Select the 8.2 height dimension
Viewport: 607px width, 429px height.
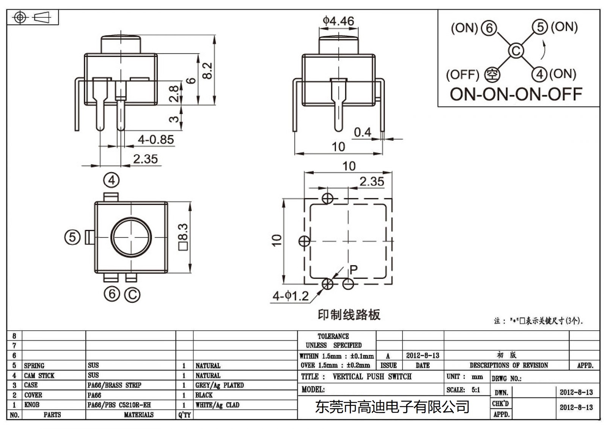click(x=208, y=70)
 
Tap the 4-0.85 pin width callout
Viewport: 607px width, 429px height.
click(x=156, y=140)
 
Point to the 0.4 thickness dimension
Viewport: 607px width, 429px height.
click(x=362, y=132)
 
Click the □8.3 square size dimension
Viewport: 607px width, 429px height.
click(x=183, y=237)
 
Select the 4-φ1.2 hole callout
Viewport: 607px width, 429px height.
click(x=291, y=296)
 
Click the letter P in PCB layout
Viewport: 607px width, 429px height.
click(x=354, y=270)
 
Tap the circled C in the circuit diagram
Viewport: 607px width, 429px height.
click(x=516, y=51)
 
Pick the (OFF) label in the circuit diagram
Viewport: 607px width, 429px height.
click(x=462, y=75)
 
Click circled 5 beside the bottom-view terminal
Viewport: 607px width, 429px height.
click(x=72, y=237)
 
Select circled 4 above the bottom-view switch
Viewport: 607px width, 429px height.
click(x=111, y=180)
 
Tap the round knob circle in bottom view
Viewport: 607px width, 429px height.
click(x=131, y=237)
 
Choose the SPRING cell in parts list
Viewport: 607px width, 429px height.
click(x=34, y=366)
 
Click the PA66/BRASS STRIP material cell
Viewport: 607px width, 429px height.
click(x=114, y=385)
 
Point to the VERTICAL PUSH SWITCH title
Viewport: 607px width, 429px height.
click(x=372, y=377)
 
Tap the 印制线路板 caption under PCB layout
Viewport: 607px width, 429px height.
click(x=349, y=314)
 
